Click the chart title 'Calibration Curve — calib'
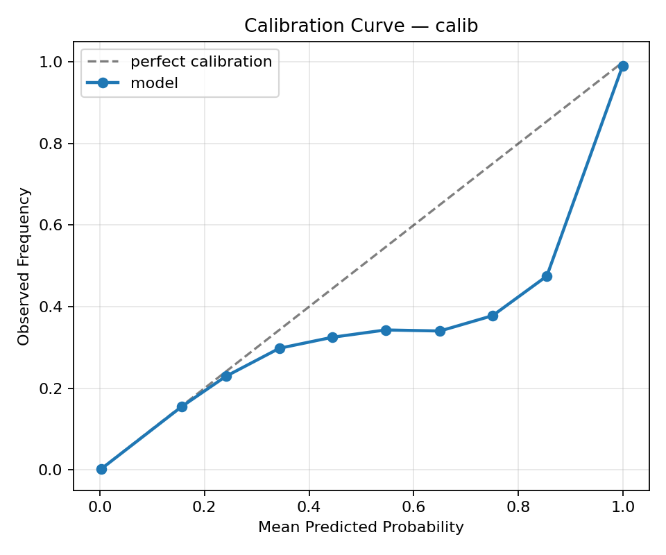point(361,26)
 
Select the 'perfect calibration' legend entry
point(201,62)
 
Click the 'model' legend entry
point(154,83)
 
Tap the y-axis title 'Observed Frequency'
point(24,266)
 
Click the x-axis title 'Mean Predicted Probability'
point(361,527)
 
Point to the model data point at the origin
point(101,469)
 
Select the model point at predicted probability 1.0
point(623,66)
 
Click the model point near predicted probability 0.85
point(547,276)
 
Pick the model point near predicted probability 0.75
point(493,316)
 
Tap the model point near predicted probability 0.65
point(440,331)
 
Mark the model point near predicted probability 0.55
point(386,330)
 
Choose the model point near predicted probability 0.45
point(332,337)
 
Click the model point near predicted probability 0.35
point(280,348)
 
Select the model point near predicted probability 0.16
point(182,407)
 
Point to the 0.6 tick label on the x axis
point(413,506)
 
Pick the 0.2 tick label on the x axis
point(204,506)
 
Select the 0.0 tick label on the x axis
point(100,506)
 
